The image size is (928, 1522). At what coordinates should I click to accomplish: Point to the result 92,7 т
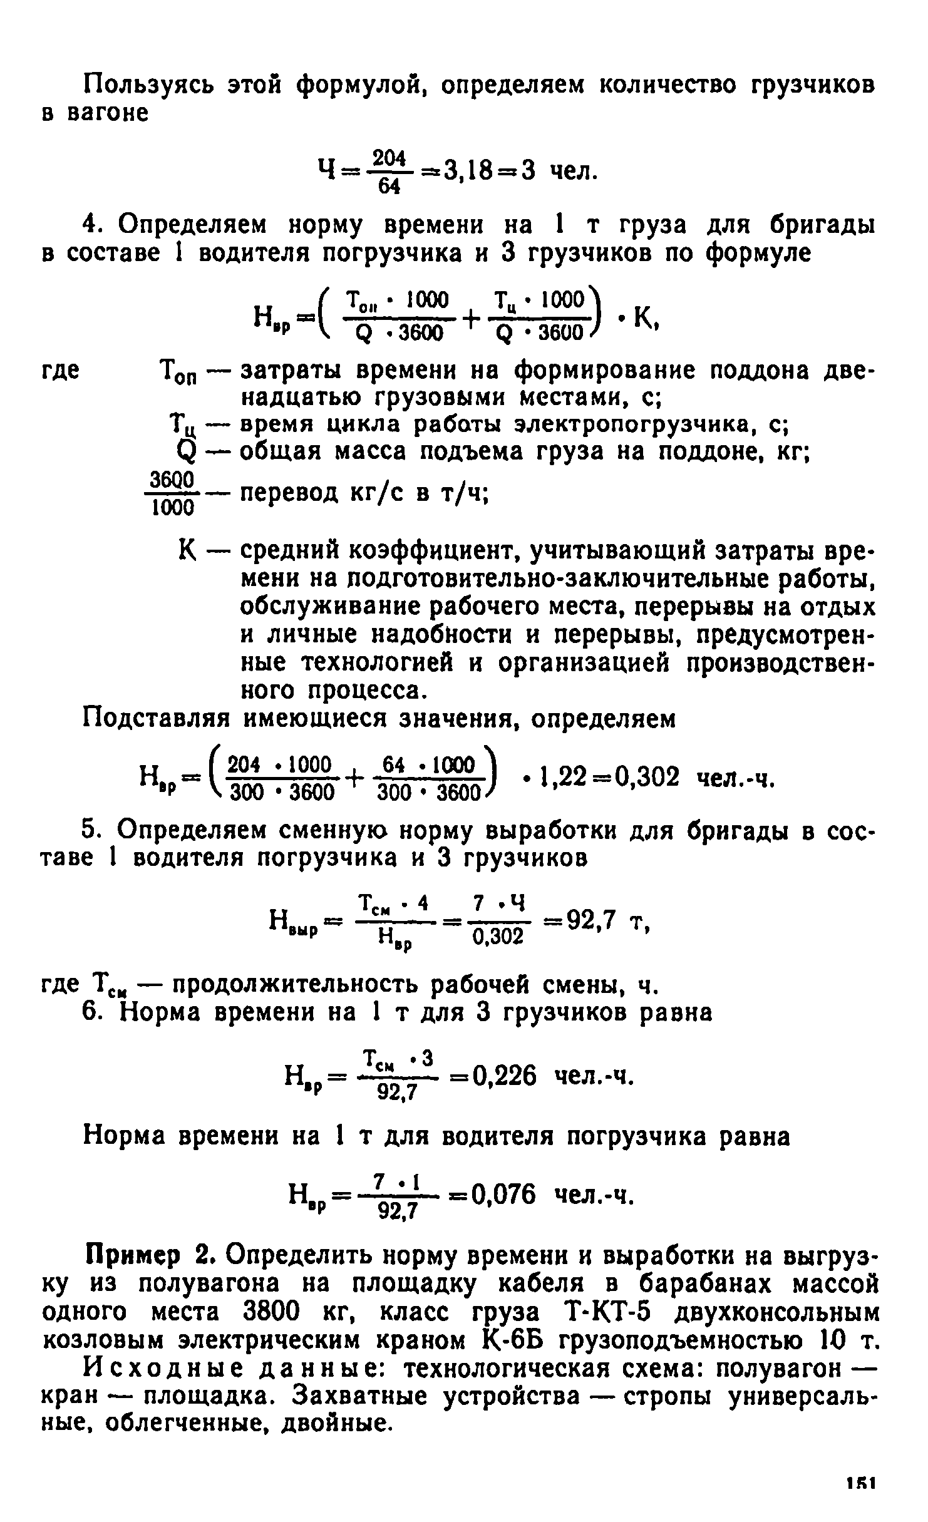(590, 920)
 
